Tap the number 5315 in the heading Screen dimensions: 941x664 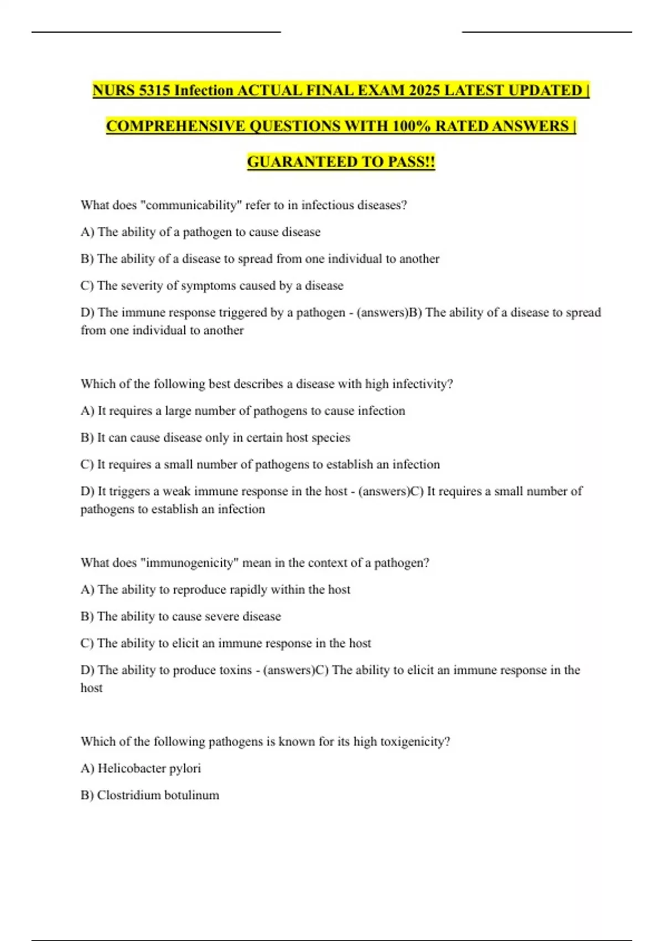[154, 90]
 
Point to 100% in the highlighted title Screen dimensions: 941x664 [411, 126]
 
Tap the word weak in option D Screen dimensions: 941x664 [177, 492]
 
